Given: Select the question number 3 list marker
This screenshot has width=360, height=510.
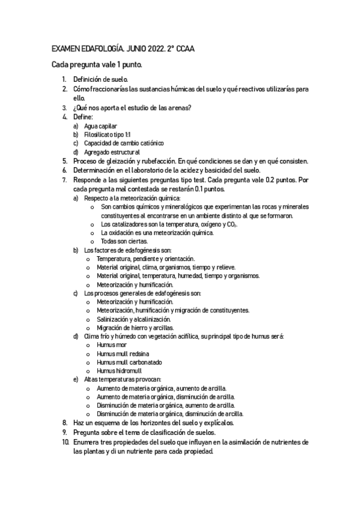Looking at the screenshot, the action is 65,108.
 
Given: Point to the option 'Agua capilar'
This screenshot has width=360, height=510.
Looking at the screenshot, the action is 100,126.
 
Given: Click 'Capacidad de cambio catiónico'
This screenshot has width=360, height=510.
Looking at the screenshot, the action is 124,143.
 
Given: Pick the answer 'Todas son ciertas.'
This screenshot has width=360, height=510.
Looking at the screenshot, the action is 120,241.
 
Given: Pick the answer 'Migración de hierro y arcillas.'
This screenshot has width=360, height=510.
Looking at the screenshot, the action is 135,328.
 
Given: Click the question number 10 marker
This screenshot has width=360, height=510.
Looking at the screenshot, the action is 64,441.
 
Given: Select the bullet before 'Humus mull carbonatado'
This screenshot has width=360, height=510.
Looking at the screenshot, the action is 89,363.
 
